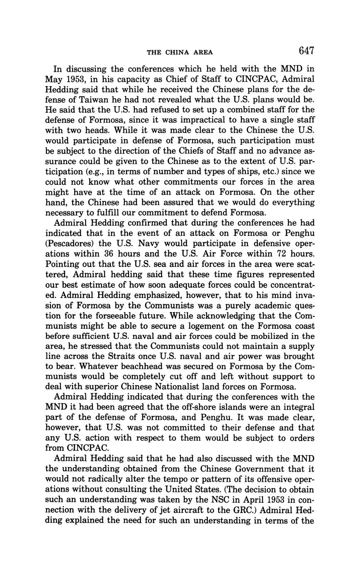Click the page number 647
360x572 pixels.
pos(306,51)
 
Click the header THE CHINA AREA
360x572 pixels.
pos(180,52)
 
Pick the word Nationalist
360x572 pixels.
pos(176,387)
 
